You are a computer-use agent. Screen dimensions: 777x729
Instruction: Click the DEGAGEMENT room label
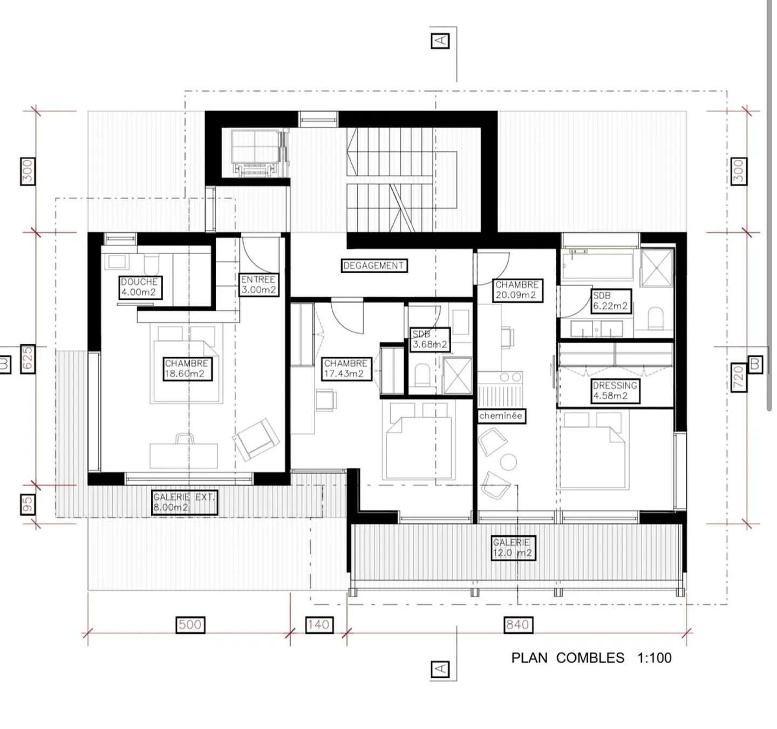(x=374, y=265)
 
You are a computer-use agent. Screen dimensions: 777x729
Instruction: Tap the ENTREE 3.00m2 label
(x=258, y=284)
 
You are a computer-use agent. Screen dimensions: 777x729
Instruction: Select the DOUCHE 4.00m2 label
(x=140, y=287)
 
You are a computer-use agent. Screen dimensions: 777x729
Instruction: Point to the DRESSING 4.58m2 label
(x=615, y=391)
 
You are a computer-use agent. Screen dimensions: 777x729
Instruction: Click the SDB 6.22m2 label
(x=610, y=301)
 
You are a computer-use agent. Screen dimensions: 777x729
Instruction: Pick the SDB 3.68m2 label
(x=430, y=339)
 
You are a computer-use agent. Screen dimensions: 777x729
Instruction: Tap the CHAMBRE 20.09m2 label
(x=517, y=290)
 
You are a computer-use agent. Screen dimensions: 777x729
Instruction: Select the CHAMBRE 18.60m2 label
(x=187, y=369)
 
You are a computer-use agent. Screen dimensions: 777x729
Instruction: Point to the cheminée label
(x=501, y=415)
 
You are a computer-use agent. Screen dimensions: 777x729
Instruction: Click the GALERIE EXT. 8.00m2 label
(x=184, y=502)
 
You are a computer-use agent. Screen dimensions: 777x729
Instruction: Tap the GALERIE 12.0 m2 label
(x=513, y=548)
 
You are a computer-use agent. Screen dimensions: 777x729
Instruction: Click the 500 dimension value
(x=190, y=624)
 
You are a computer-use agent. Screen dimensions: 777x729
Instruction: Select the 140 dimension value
(x=319, y=624)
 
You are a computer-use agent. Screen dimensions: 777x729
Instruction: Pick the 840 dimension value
(x=518, y=624)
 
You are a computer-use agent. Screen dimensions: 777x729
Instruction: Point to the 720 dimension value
(x=738, y=377)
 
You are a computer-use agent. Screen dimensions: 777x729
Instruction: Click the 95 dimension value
(x=28, y=505)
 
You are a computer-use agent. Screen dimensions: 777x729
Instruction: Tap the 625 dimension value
(x=28, y=359)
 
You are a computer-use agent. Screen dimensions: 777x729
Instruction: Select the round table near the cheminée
(x=509, y=462)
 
